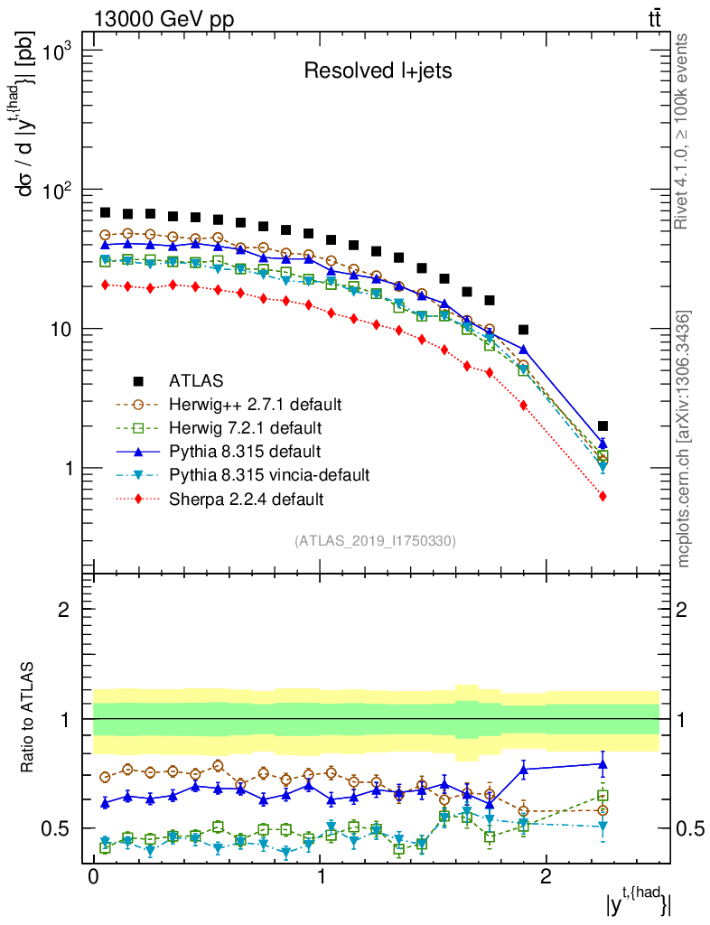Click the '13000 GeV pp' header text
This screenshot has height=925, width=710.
163,18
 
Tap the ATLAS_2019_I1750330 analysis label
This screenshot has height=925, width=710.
375,541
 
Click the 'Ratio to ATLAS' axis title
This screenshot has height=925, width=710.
30,718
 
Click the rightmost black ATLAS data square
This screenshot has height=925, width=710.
603,425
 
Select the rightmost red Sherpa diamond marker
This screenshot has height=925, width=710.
603,496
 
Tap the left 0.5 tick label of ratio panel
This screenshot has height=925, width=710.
61,828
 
